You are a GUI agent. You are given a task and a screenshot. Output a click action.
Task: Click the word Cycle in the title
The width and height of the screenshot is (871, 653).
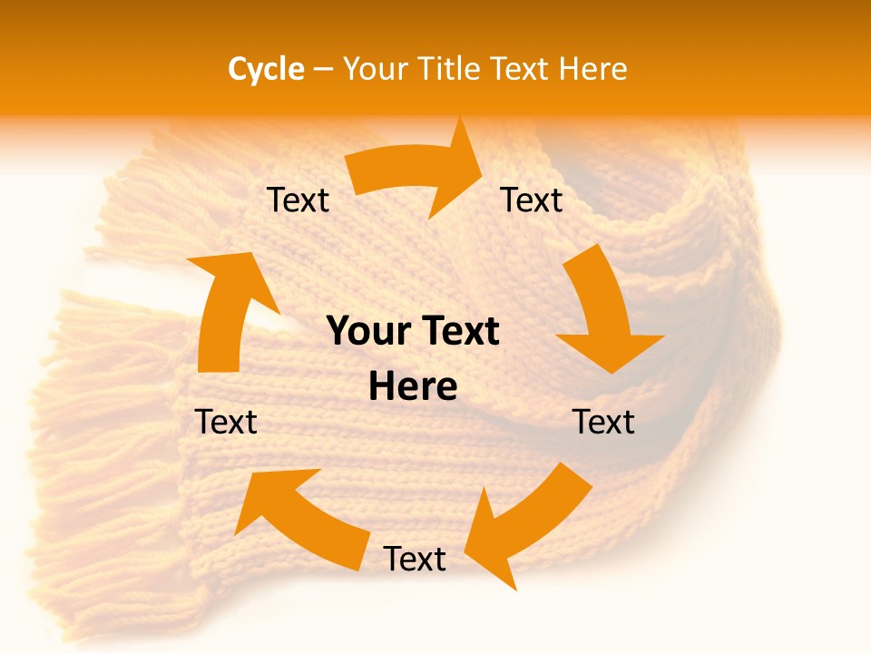[x=266, y=69]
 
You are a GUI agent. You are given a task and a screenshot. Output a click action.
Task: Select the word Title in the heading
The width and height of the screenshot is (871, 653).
[x=454, y=69]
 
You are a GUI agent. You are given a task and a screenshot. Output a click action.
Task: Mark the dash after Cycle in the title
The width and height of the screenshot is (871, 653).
[x=322, y=70]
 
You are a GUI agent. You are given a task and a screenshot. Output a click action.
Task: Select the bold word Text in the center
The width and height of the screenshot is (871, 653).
[x=457, y=332]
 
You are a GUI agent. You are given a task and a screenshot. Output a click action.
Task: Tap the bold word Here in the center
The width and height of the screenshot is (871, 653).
[x=413, y=387]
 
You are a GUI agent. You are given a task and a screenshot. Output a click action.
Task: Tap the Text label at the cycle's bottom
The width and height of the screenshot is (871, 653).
[x=415, y=560]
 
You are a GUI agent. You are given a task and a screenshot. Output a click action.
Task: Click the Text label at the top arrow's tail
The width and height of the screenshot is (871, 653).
[x=298, y=200]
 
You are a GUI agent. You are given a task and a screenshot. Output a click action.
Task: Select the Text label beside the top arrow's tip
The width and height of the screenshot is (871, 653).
[x=532, y=200]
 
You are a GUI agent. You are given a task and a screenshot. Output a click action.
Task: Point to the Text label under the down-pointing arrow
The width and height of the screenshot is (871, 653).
[x=603, y=423]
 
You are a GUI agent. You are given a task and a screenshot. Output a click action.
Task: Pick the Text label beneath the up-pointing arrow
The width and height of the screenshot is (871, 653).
[x=227, y=423]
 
